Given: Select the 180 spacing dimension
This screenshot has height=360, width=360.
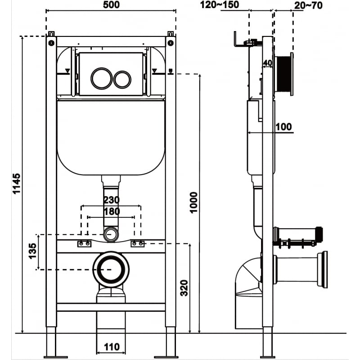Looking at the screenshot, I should tap(111, 211).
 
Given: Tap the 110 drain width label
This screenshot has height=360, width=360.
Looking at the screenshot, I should tap(111, 347).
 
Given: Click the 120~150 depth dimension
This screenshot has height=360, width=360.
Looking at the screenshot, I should tap(220, 5).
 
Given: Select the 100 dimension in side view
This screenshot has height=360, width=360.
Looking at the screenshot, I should tap(283, 126).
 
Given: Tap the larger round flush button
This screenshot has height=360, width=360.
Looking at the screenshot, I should tap(100, 78).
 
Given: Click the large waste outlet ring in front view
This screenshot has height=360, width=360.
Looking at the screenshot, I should tap(111, 269).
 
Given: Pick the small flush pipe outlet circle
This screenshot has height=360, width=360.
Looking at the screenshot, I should tap(111, 234).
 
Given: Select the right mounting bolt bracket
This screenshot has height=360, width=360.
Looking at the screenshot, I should tap(138, 244).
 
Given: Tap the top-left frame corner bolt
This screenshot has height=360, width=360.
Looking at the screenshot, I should tap(51, 43).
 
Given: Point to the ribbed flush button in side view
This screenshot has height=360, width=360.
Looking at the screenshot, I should tap(283, 75).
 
